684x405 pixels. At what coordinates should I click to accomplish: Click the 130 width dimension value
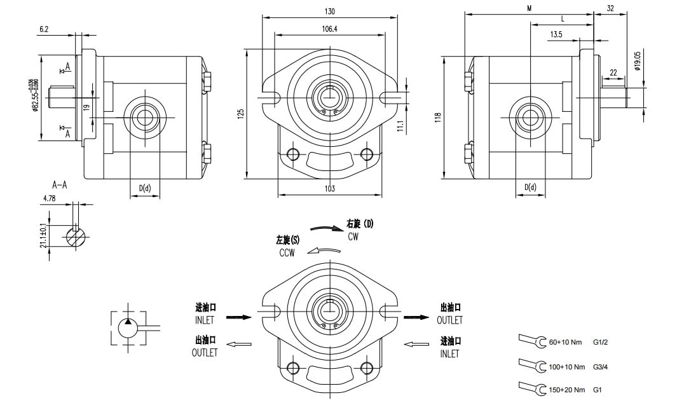[x=329, y=11]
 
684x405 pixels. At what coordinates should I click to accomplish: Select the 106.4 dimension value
[x=329, y=29]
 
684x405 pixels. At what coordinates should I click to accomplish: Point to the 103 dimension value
[x=329, y=188]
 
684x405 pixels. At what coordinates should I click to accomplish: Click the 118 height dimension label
[x=437, y=117]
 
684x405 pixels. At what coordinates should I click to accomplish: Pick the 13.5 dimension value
[x=556, y=34]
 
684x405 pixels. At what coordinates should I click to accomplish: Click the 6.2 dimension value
[x=44, y=29]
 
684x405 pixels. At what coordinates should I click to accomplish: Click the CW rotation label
[x=353, y=237]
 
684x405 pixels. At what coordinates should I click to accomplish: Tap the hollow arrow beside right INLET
[x=416, y=345]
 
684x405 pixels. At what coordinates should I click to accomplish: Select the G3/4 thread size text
[x=601, y=367]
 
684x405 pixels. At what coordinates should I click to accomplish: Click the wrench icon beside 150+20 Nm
[x=532, y=387]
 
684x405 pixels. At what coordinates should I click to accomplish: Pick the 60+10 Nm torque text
[x=566, y=342]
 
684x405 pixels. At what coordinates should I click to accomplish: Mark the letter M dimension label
[x=529, y=8]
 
